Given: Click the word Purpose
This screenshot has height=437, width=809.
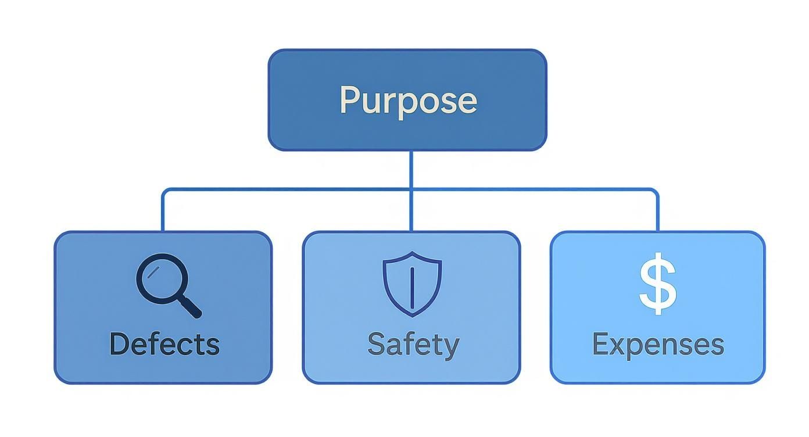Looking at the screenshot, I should [408, 100].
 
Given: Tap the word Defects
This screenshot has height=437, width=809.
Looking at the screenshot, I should [164, 343].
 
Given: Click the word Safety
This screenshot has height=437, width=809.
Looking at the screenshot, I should [413, 344].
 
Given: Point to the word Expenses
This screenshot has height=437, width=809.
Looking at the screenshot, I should [658, 344].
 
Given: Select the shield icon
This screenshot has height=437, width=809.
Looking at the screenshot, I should [412, 284].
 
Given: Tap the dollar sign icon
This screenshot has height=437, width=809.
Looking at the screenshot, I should [658, 284].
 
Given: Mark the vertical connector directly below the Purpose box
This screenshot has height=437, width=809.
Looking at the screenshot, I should [411, 169].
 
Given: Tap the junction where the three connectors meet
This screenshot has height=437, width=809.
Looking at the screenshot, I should [411, 189].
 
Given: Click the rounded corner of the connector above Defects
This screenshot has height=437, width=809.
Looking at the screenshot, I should [164, 191].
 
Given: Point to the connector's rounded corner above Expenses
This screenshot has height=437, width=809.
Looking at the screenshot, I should [656, 191].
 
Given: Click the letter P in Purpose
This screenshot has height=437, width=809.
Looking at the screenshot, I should [349, 100].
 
